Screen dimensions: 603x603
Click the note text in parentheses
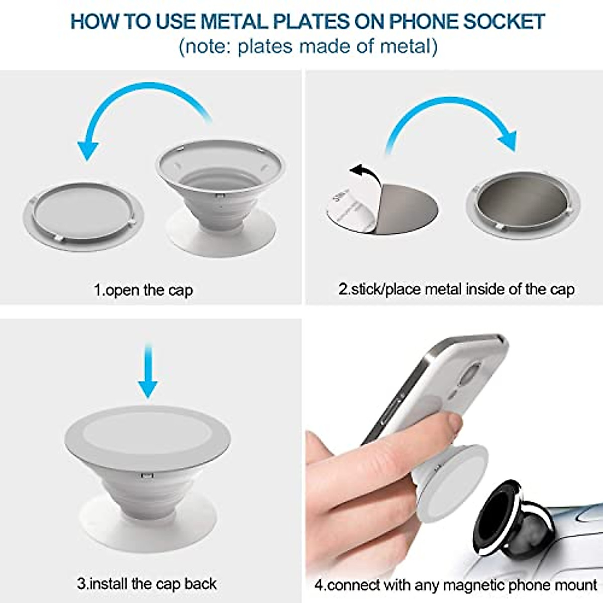308,47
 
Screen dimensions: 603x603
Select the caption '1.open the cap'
144,290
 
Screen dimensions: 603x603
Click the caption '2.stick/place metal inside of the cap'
456,289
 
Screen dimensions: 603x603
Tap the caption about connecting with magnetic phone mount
455,585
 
